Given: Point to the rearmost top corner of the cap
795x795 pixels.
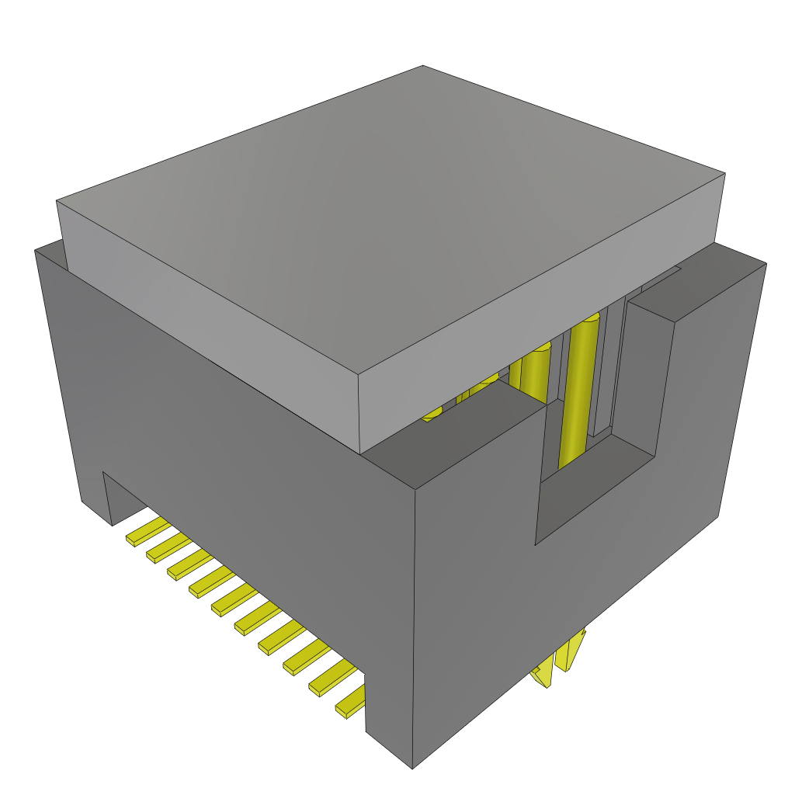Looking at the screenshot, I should [x=422, y=66].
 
